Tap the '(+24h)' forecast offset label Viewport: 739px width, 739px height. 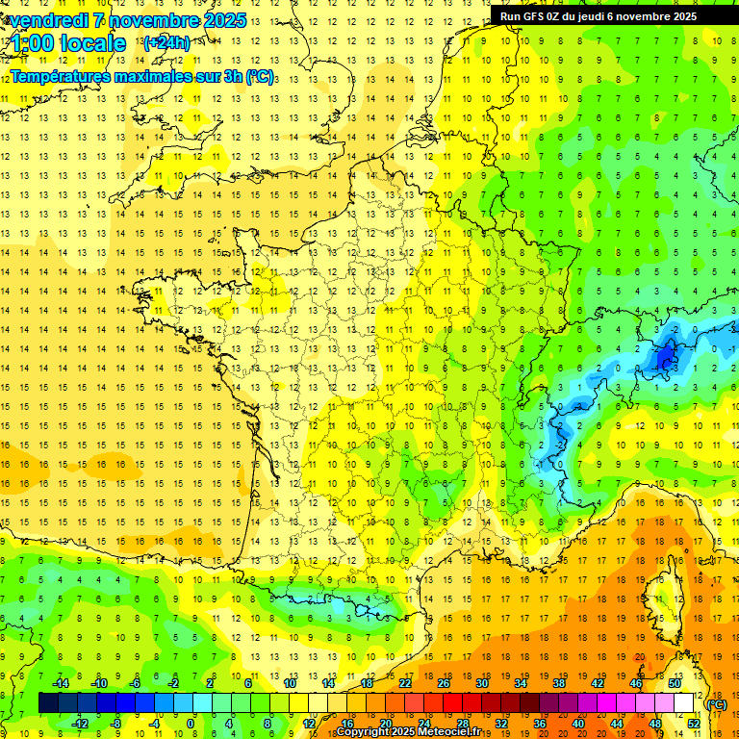pyautogui.click(x=166, y=42)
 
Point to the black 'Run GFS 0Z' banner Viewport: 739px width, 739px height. pyautogui.click(x=605, y=16)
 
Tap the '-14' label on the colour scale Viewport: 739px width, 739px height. pyautogui.click(x=61, y=683)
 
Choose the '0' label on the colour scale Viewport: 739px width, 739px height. pyautogui.click(x=191, y=723)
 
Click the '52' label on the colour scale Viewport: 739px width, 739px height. pyautogui.click(x=693, y=723)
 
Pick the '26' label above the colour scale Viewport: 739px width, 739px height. pyautogui.click(x=444, y=683)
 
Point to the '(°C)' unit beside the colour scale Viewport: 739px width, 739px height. pyautogui.click(x=717, y=703)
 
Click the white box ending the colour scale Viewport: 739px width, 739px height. pyautogui.click(x=684, y=703)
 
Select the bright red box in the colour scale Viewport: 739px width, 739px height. pyautogui.click(x=453, y=703)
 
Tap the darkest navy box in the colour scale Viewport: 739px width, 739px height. pyautogui.click(x=49, y=703)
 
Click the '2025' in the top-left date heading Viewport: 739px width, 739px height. pyautogui.click(x=223, y=20)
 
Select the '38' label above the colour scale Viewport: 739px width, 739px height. pyautogui.click(x=559, y=683)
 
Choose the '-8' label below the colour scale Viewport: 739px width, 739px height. pyautogui.click(x=116, y=723)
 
